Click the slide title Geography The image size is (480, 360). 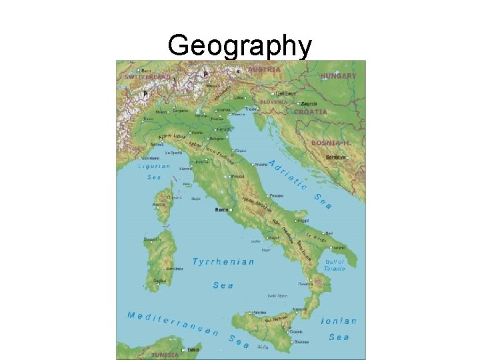pos(240,46)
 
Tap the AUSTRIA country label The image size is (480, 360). pos(264,69)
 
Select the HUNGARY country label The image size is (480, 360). pos(339,76)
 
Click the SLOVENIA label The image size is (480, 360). pos(274,102)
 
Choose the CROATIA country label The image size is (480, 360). pos(311,112)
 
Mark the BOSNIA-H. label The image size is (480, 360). pos(331,143)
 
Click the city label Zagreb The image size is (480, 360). pos(309,104)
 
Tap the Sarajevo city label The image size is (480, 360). pos(336,157)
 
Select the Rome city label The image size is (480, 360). pos(221,209)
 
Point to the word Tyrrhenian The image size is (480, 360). pos(223,262)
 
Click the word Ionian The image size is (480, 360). pos(339,321)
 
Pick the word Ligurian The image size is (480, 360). pos(154,167)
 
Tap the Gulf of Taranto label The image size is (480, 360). pos(335,265)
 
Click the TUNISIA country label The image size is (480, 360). pos(165,355)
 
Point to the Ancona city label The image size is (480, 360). pos(260,164)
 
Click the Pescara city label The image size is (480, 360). pos(277,195)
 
